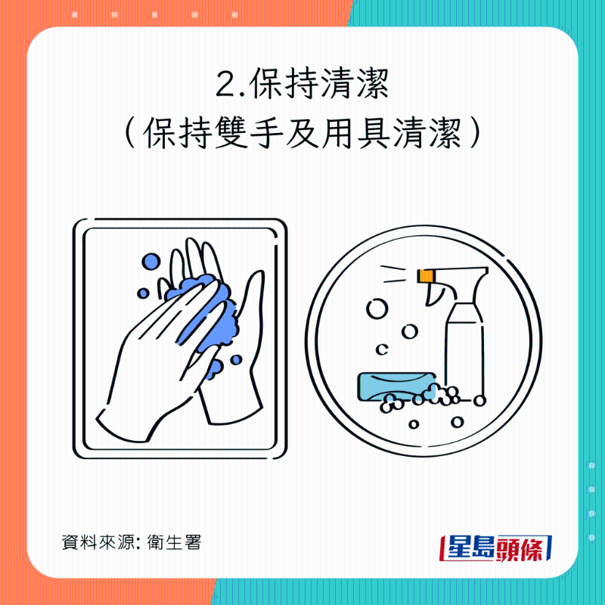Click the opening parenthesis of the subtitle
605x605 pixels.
coord(130,137)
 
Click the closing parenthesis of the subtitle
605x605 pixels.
coord(475,137)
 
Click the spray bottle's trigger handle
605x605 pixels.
coord(437,294)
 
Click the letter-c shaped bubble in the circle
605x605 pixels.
coord(383,349)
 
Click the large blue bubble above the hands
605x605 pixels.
coord(151,262)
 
